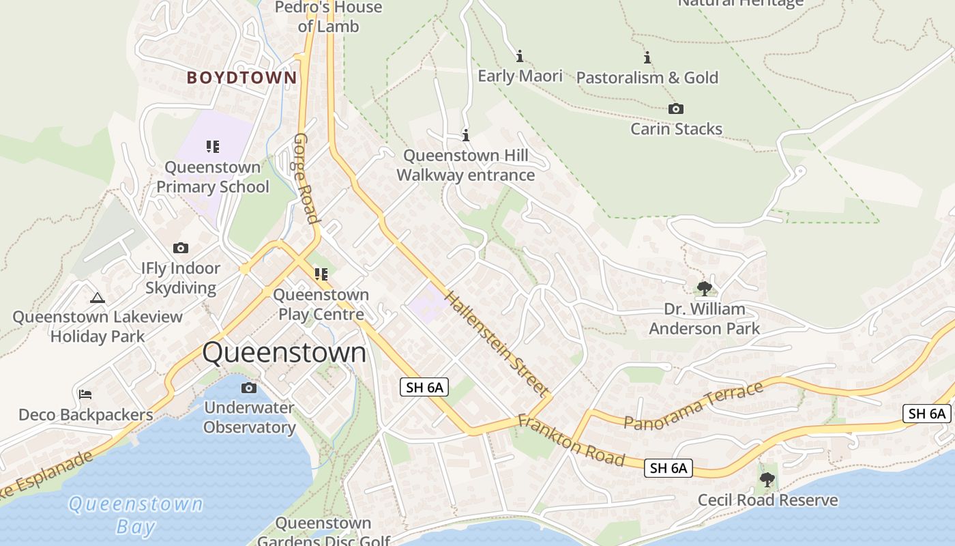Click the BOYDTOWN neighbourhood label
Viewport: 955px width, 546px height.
(242, 78)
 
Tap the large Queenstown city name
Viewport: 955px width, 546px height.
(284, 353)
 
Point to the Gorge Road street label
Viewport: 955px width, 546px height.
(306, 178)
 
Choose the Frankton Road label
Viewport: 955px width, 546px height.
(571, 441)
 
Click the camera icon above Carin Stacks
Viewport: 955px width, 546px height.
(675, 109)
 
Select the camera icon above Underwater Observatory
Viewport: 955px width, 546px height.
(249, 388)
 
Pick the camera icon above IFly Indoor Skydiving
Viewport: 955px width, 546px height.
(181, 248)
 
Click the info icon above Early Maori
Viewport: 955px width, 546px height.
(520, 56)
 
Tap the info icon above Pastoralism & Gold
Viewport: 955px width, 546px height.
(647, 58)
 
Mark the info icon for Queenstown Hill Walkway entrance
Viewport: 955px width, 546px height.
(466, 136)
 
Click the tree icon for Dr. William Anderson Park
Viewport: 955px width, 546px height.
(704, 289)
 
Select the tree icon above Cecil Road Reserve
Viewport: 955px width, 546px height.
(767, 480)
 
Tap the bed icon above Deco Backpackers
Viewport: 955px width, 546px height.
(85, 394)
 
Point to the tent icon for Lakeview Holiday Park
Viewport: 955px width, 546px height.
(98, 298)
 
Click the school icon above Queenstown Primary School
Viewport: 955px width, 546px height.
(213, 147)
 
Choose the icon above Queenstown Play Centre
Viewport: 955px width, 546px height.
(321, 274)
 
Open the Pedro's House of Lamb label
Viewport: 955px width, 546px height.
(328, 17)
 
